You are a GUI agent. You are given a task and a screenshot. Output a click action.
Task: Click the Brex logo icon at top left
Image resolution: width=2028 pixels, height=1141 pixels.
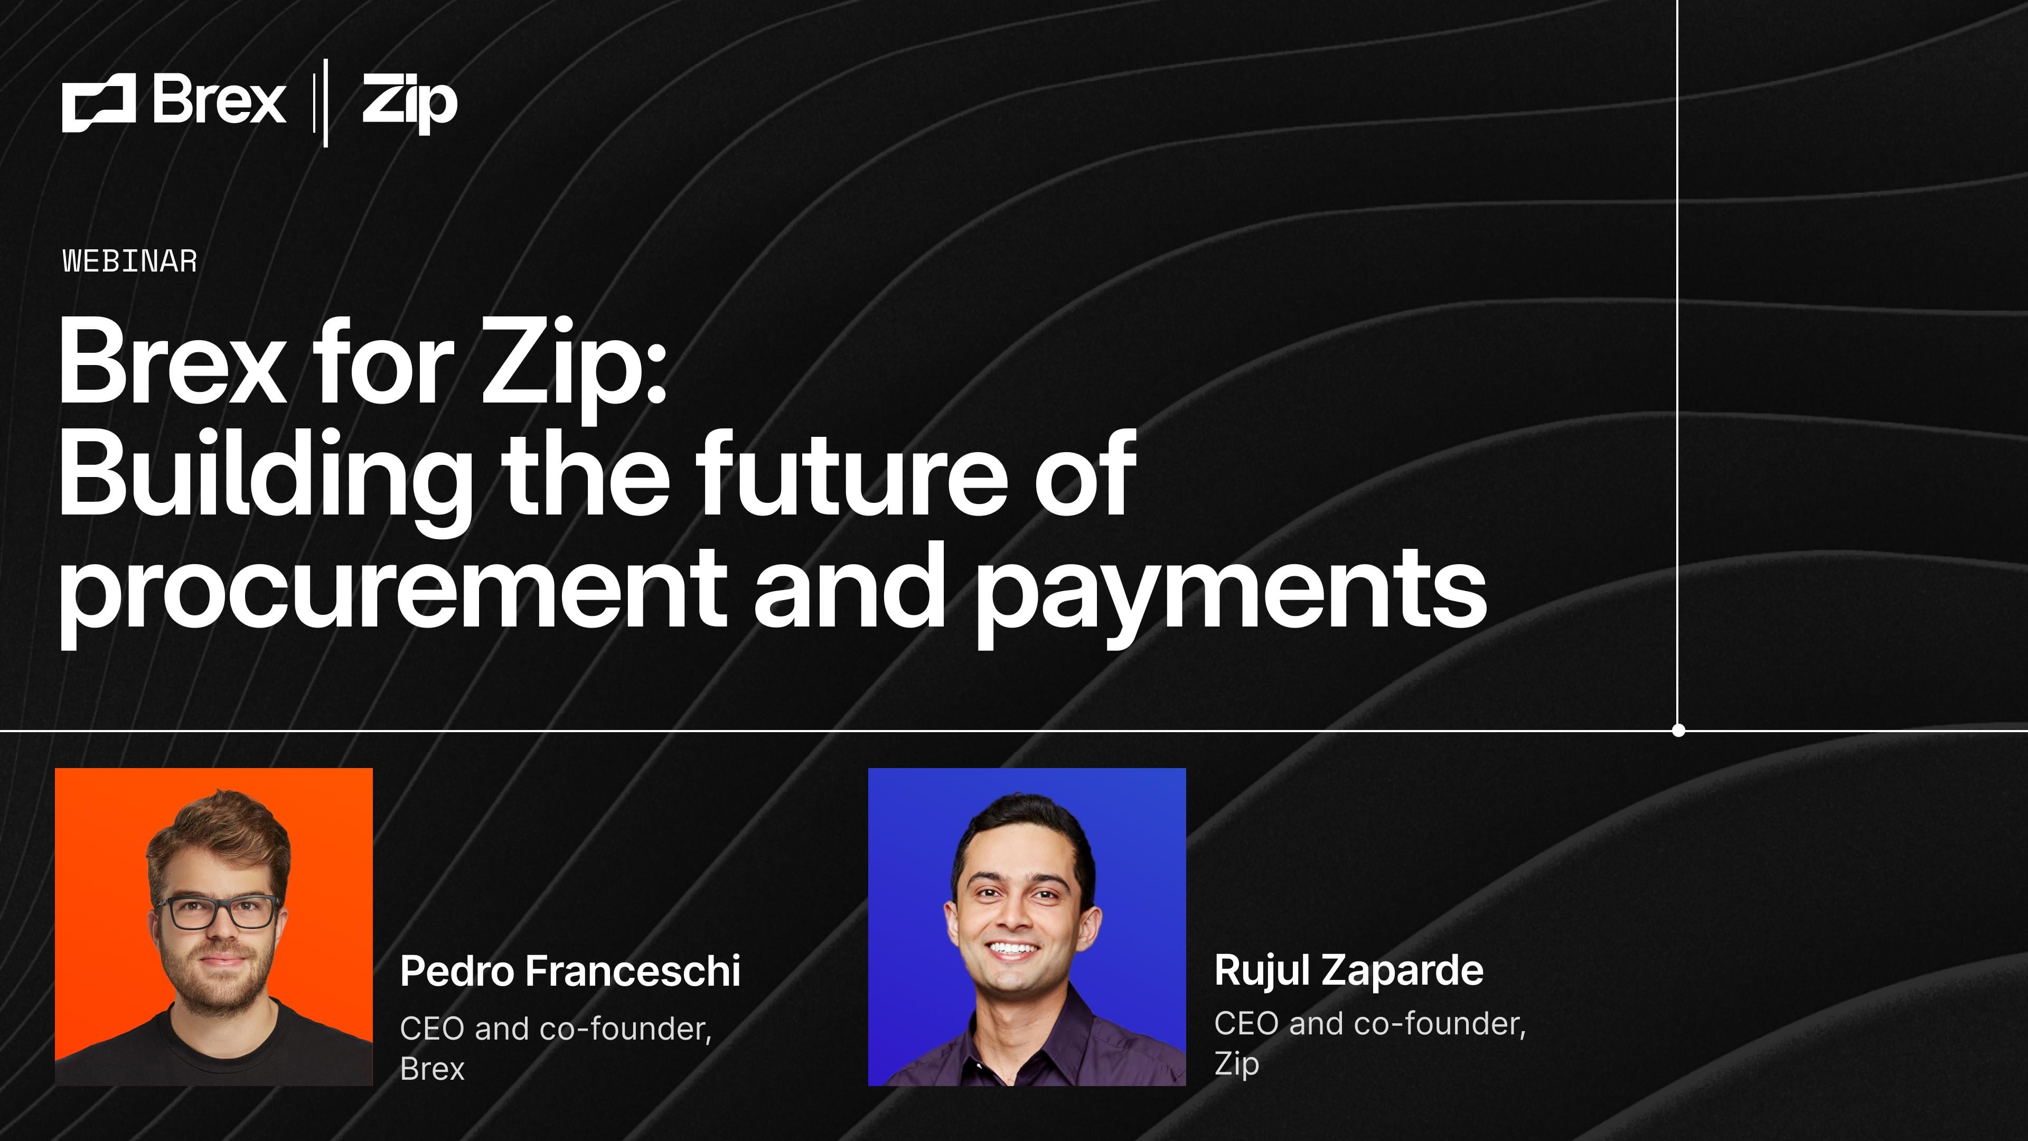pyautogui.click(x=98, y=102)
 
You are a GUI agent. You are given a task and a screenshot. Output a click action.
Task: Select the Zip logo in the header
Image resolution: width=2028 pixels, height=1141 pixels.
pyautogui.click(x=409, y=102)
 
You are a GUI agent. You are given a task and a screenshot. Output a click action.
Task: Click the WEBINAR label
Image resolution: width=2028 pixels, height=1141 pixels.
pyautogui.click(x=130, y=261)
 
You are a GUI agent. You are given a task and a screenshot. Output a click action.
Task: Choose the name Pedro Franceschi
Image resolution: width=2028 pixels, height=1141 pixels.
pyautogui.click(x=570, y=970)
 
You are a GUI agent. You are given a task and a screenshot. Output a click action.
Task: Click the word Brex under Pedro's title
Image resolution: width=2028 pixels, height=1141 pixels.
pyautogui.click(x=432, y=1069)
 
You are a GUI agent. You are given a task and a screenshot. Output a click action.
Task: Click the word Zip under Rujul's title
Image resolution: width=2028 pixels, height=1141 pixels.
pyautogui.click(x=1236, y=1064)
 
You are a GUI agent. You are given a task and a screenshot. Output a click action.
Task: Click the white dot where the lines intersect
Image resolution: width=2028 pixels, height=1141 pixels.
pyautogui.click(x=1678, y=730)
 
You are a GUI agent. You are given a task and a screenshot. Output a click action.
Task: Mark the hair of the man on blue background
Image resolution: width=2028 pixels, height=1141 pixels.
pyautogui.click(x=1024, y=827)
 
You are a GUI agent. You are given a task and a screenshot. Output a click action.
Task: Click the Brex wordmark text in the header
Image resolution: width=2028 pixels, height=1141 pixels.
pyautogui.click(x=219, y=101)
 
